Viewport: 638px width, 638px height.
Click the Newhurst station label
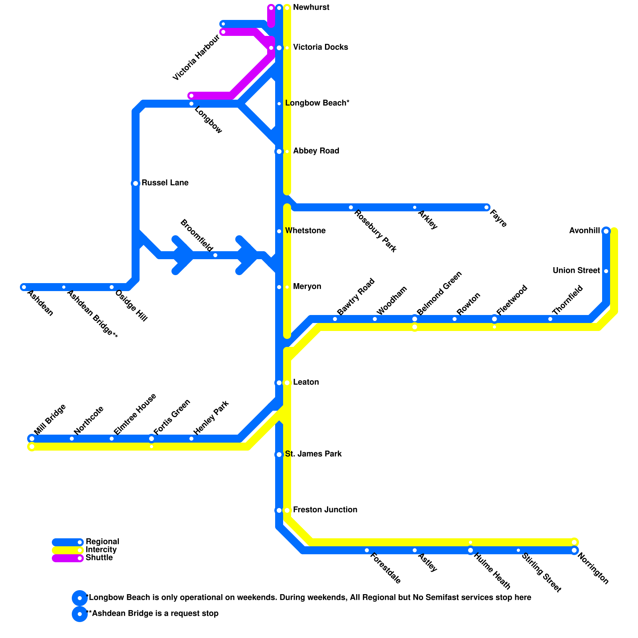(311, 8)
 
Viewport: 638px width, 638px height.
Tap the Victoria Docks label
(320, 47)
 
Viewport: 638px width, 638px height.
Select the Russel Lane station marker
(136, 183)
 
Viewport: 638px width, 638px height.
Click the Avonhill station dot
(606, 231)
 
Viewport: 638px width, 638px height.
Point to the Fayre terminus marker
(486, 207)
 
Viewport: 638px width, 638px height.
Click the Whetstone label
(305, 231)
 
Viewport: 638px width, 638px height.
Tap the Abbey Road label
(316, 151)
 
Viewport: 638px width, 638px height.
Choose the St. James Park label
(313, 454)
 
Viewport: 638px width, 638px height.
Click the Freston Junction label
(325, 510)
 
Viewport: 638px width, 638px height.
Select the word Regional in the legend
(102, 542)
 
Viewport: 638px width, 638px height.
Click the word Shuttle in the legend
(99, 558)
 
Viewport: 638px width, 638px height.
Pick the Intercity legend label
(101, 550)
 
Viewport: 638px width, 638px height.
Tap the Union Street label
(576, 271)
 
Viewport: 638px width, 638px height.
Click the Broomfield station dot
(215, 255)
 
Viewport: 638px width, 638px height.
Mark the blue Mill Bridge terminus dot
(32, 439)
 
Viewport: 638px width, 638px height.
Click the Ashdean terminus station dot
(24, 287)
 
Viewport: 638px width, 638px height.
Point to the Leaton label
(306, 382)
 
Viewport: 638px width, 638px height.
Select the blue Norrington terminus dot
(574, 550)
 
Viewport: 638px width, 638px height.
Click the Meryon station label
(307, 287)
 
